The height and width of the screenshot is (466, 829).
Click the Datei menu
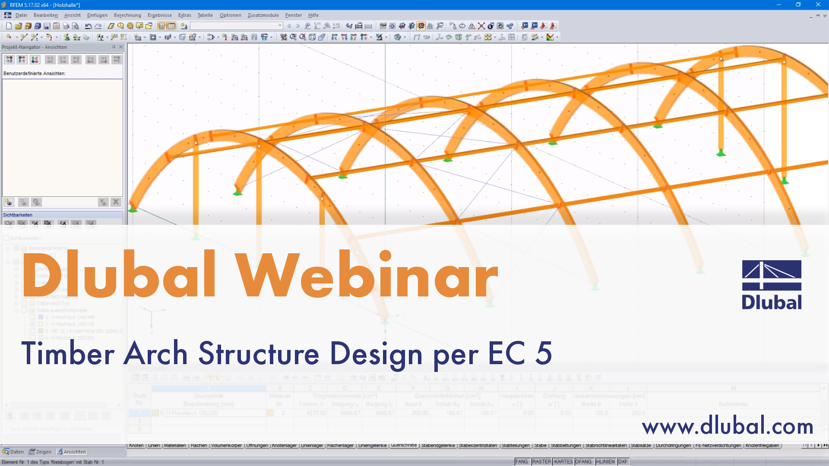coord(21,15)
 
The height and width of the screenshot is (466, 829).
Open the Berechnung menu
coord(127,15)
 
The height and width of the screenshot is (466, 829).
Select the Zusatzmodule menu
coord(263,15)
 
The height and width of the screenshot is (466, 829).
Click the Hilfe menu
coord(313,15)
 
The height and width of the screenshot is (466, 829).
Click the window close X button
coord(818,4)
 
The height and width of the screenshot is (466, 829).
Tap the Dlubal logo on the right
coord(772,285)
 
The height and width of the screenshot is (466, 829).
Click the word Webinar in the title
coord(367,275)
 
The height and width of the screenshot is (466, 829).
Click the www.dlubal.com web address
coord(727,426)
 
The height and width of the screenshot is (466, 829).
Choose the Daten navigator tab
coord(13,452)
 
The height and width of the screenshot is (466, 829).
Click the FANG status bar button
coord(522,462)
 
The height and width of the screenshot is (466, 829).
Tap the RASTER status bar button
coord(541,462)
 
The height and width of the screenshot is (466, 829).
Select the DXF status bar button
coord(623,462)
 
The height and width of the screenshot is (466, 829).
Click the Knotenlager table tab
coord(284,445)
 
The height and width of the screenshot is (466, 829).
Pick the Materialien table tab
coord(175,445)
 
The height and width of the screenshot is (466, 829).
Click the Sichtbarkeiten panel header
coord(18,215)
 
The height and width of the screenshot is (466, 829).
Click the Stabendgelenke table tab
coord(438,445)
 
